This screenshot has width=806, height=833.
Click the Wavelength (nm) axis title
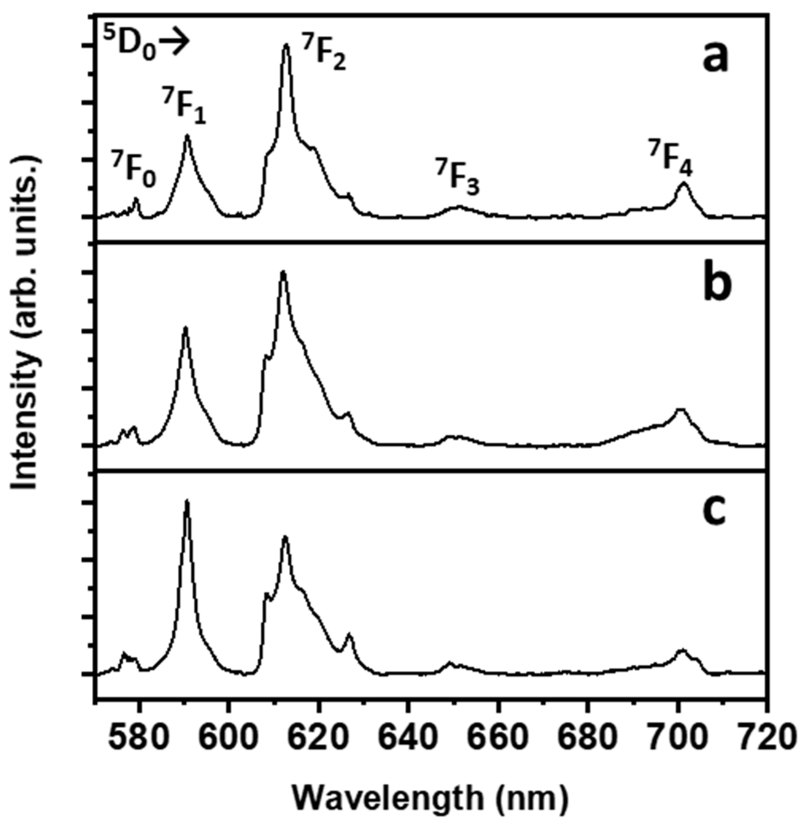click(429, 799)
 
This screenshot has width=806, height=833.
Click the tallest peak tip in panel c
click(187, 502)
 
